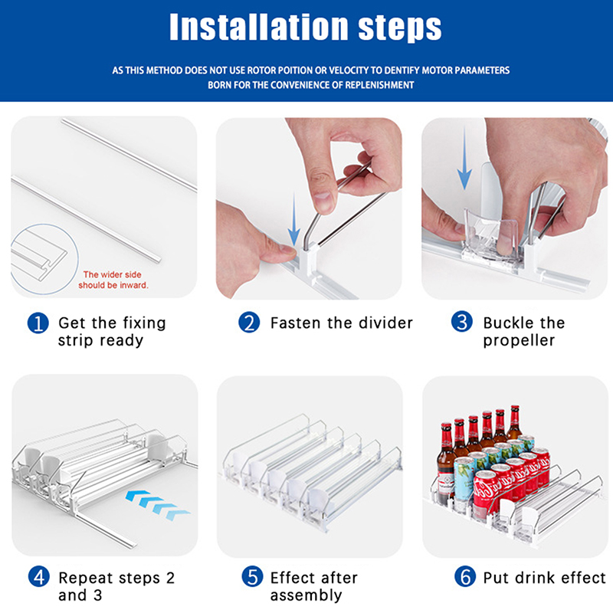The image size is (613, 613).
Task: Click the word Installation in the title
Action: click(259, 27)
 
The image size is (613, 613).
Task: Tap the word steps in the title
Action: click(400, 29)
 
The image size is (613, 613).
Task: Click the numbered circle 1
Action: click(38, 323)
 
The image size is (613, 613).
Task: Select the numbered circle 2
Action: click(249, 323)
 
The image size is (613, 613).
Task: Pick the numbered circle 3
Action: click(462, 322)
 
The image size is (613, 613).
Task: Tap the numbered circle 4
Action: click(39, 577)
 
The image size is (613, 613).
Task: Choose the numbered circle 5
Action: click(252, 577)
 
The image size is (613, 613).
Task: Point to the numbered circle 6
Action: click(465, 577)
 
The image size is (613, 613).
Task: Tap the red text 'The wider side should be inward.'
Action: click(113, 280)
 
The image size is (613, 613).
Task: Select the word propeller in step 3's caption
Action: click(519, 341)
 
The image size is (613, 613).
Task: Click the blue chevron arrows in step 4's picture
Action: click(157, 505)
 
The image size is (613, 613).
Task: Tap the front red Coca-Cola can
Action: click(486, 493)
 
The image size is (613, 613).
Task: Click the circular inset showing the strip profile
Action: click(44, 259)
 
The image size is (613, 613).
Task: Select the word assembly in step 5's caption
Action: click(306, 596)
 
